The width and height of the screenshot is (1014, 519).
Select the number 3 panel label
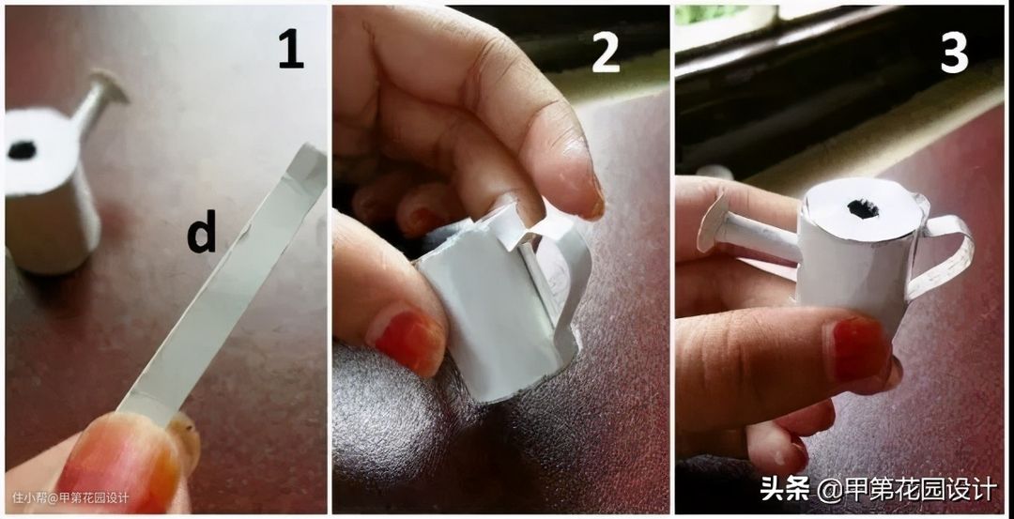[x=955, y=51]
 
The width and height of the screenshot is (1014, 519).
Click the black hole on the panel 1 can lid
[x=22, y=150]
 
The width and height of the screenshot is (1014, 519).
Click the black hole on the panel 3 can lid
[x=864, y=208]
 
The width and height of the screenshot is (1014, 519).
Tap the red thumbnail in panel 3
[x=858, y=349]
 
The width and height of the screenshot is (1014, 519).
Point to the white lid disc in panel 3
[x=864, y=211]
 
